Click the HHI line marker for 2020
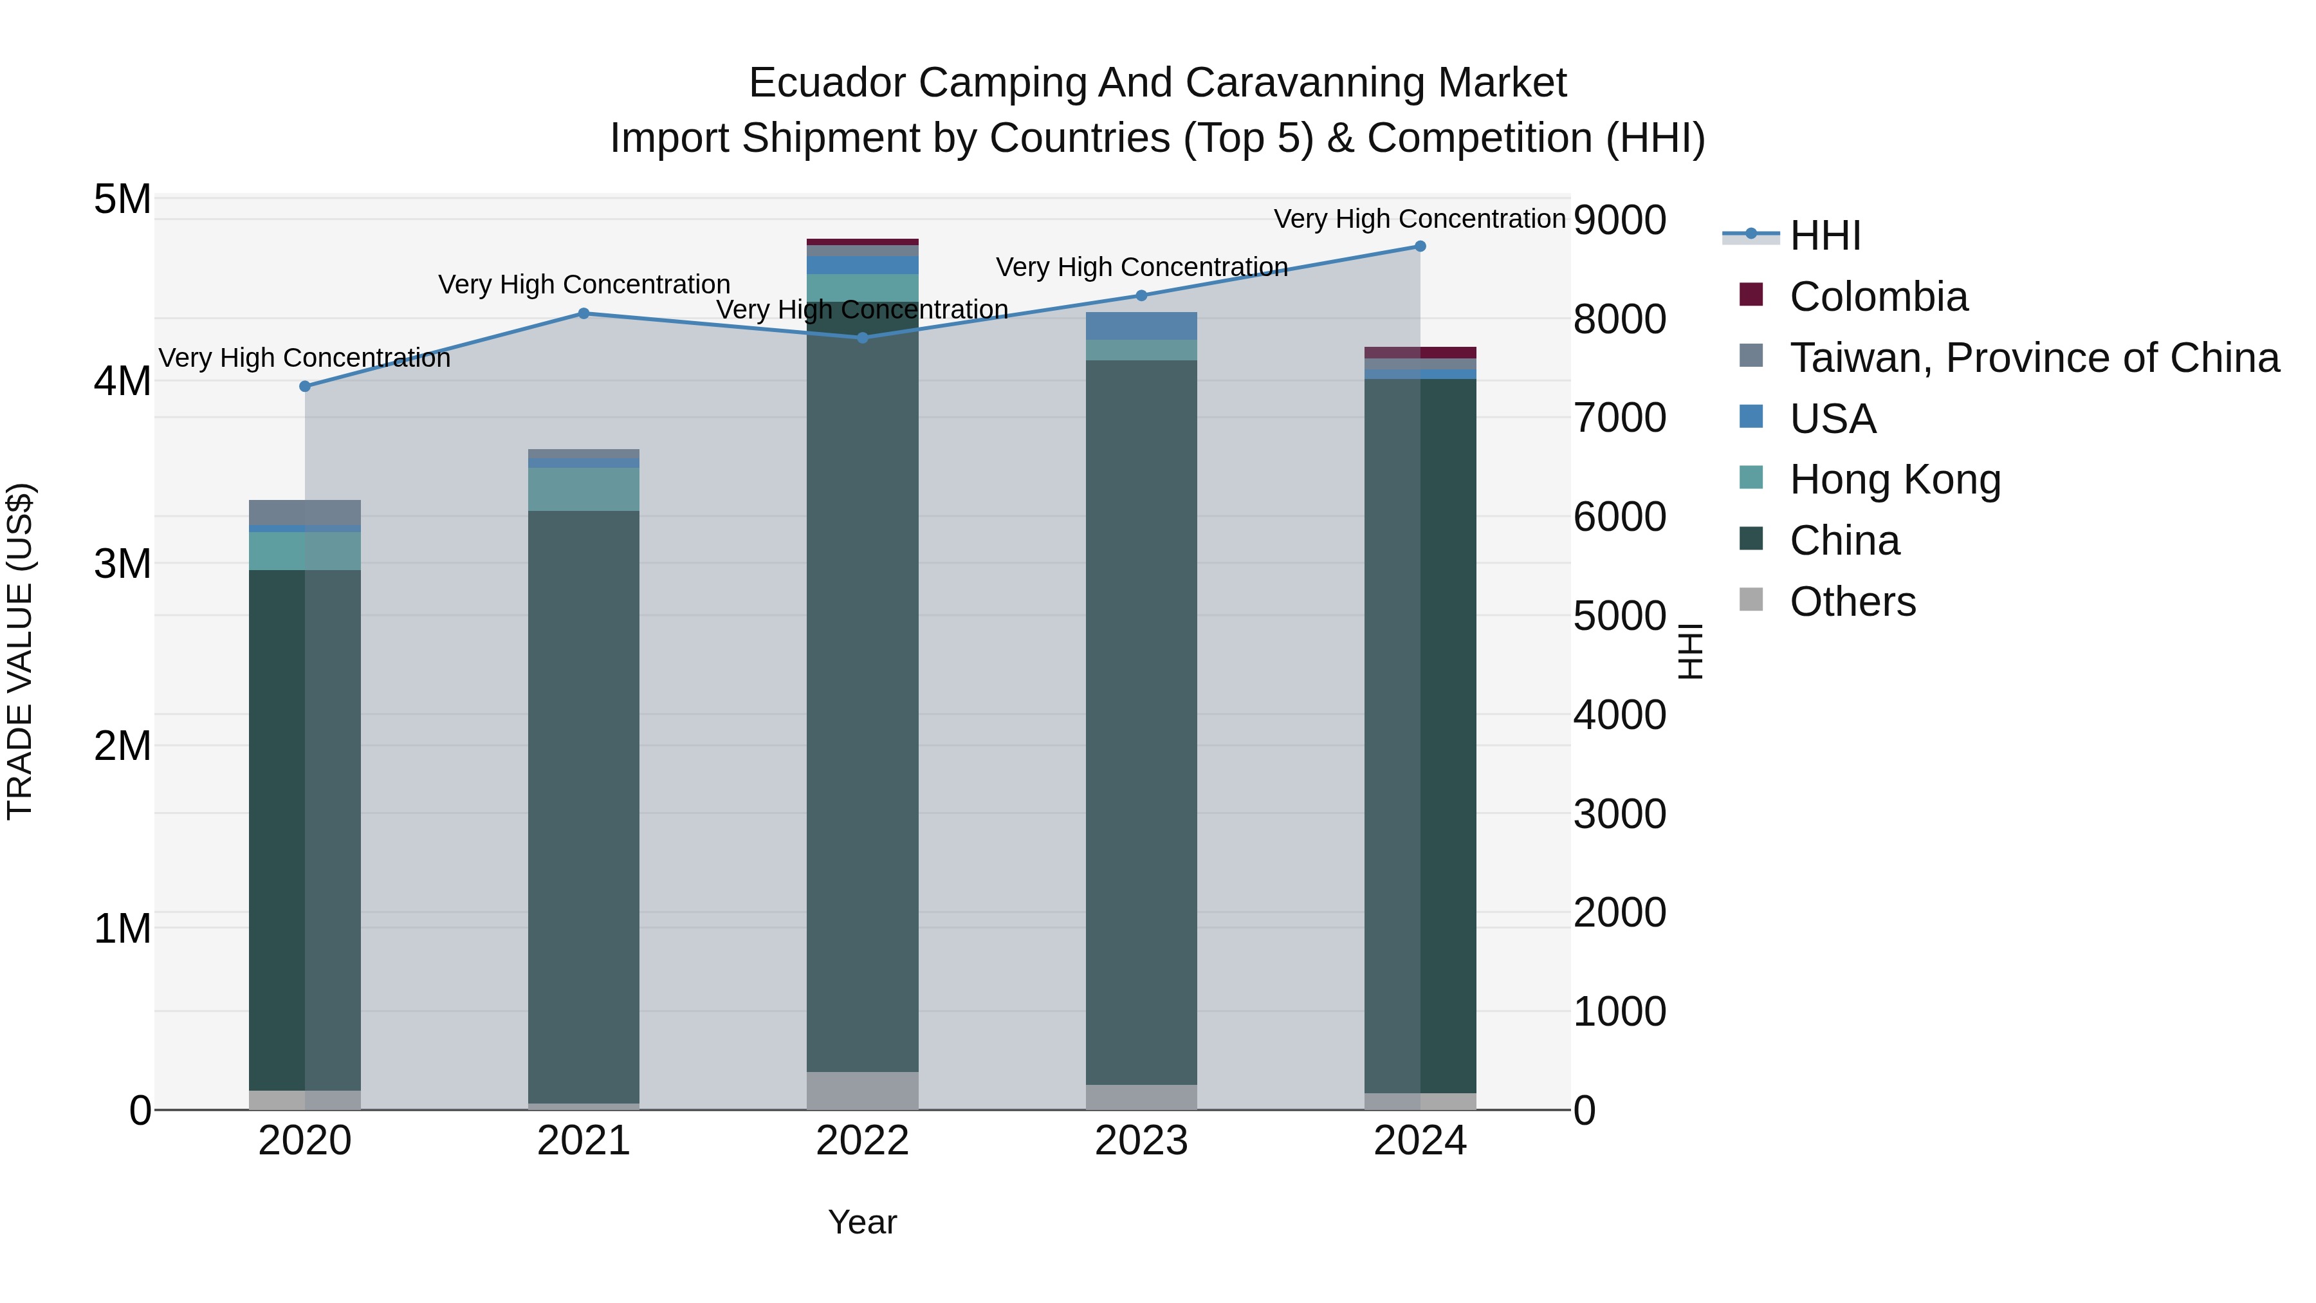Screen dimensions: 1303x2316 point(305,387)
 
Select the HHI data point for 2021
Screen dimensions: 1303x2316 point(584,314)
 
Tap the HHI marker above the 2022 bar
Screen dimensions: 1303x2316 point(862,338)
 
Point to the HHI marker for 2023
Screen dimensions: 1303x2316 point(1142,296)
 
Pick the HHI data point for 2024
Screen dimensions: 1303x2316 point(1420,246)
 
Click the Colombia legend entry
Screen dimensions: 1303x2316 point(1877,297)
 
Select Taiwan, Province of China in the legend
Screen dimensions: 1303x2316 point(2034,358)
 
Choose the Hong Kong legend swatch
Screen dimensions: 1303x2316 point(1751,478)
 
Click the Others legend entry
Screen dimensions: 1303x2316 point(1852,602)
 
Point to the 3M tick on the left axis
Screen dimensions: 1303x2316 point(123,564)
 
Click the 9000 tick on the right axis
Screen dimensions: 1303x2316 point(1619,220)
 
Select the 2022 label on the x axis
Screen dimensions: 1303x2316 point(862,1141)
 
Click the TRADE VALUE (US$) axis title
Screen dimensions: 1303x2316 point(20,651)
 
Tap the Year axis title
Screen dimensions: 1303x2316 point(862,1222)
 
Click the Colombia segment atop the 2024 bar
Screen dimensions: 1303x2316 point(1420,353)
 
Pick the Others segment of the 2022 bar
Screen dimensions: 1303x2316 point(862,1091)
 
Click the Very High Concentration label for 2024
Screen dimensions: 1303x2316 point(1420,219)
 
